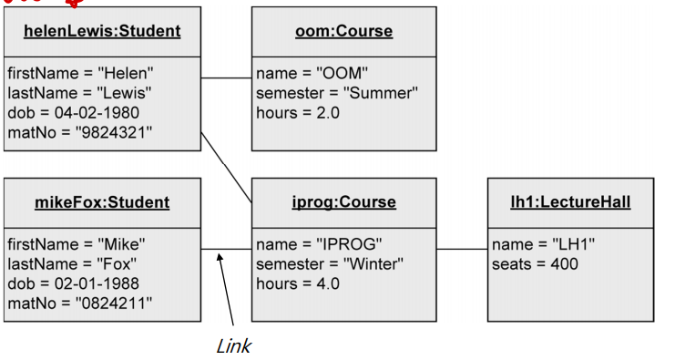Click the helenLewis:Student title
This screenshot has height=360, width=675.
102,31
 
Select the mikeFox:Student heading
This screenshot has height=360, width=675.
102,202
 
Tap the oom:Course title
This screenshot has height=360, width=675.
343,31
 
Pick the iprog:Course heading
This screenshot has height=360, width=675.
343,202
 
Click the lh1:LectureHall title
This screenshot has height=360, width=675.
570,202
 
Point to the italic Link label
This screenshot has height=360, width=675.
233,346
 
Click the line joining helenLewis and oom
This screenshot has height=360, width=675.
226,78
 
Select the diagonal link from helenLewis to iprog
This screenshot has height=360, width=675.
226,166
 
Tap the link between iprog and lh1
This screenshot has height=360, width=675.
461,249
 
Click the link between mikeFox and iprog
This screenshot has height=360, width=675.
226,249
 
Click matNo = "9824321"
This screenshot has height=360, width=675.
79,132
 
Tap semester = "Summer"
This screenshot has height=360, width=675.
336,93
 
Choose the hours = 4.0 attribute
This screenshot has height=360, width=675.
297,283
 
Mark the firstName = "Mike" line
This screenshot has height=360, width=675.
77,244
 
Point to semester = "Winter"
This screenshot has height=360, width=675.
330,264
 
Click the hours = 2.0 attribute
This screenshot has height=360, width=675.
297,112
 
